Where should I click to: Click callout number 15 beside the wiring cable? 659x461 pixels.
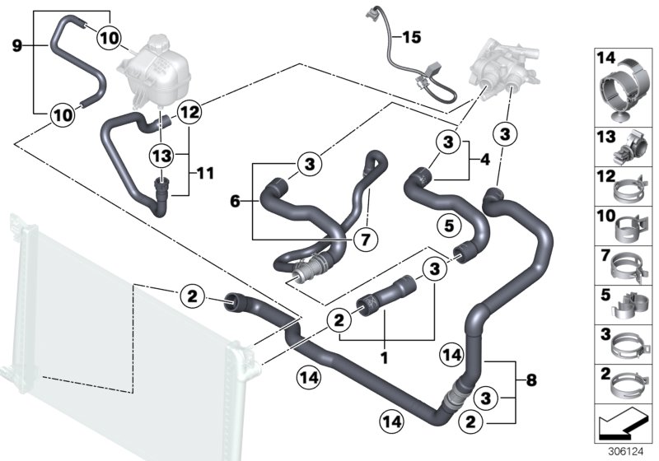(x=410, y=36)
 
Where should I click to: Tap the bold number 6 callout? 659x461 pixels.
(x=235, y=200)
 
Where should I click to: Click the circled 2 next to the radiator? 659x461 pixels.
(x=191, y=296)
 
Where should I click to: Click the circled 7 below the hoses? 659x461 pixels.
(x=363, y=240)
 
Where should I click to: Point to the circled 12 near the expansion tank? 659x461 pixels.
(x=187, y=110)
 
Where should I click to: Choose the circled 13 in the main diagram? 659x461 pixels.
(x=162, y=154)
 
